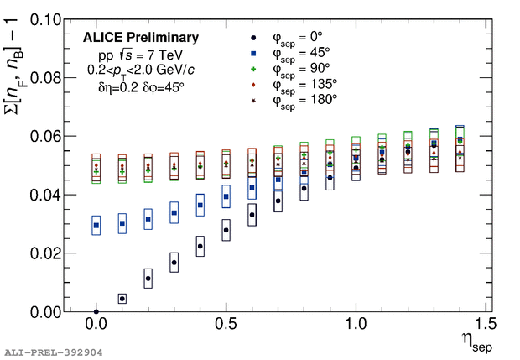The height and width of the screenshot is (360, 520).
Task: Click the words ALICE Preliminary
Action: point(141,38)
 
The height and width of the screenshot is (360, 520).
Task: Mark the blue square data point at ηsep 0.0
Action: point(96,225)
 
